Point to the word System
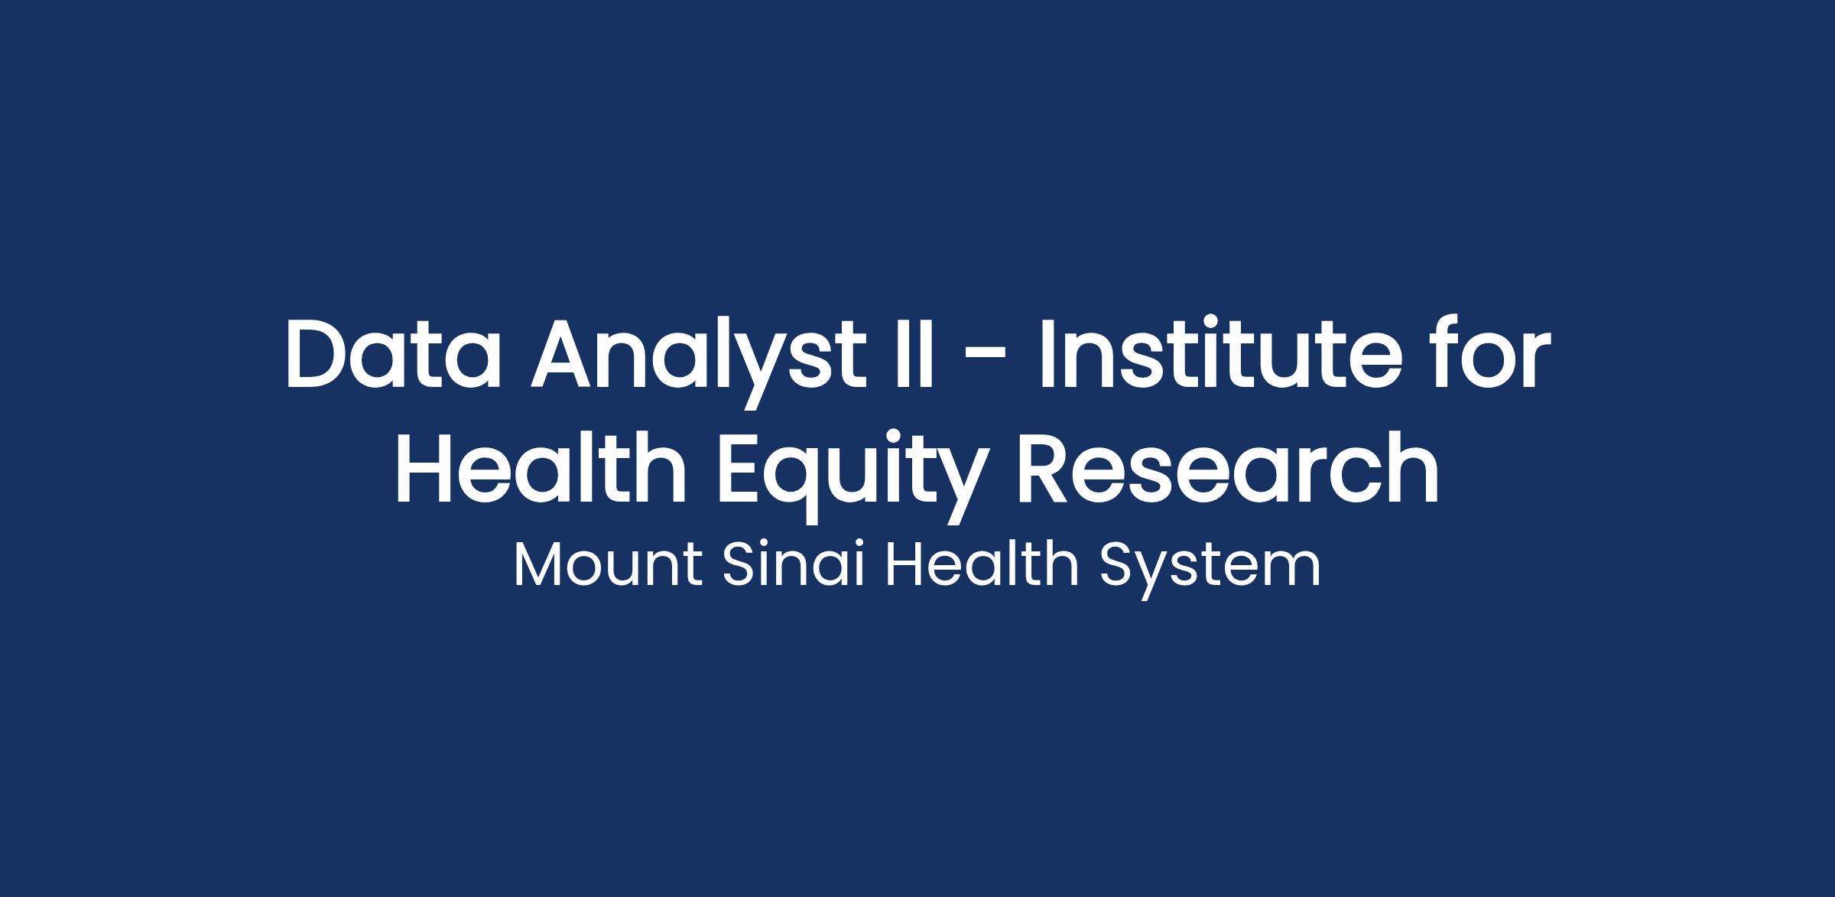(x=1210, y=569)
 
